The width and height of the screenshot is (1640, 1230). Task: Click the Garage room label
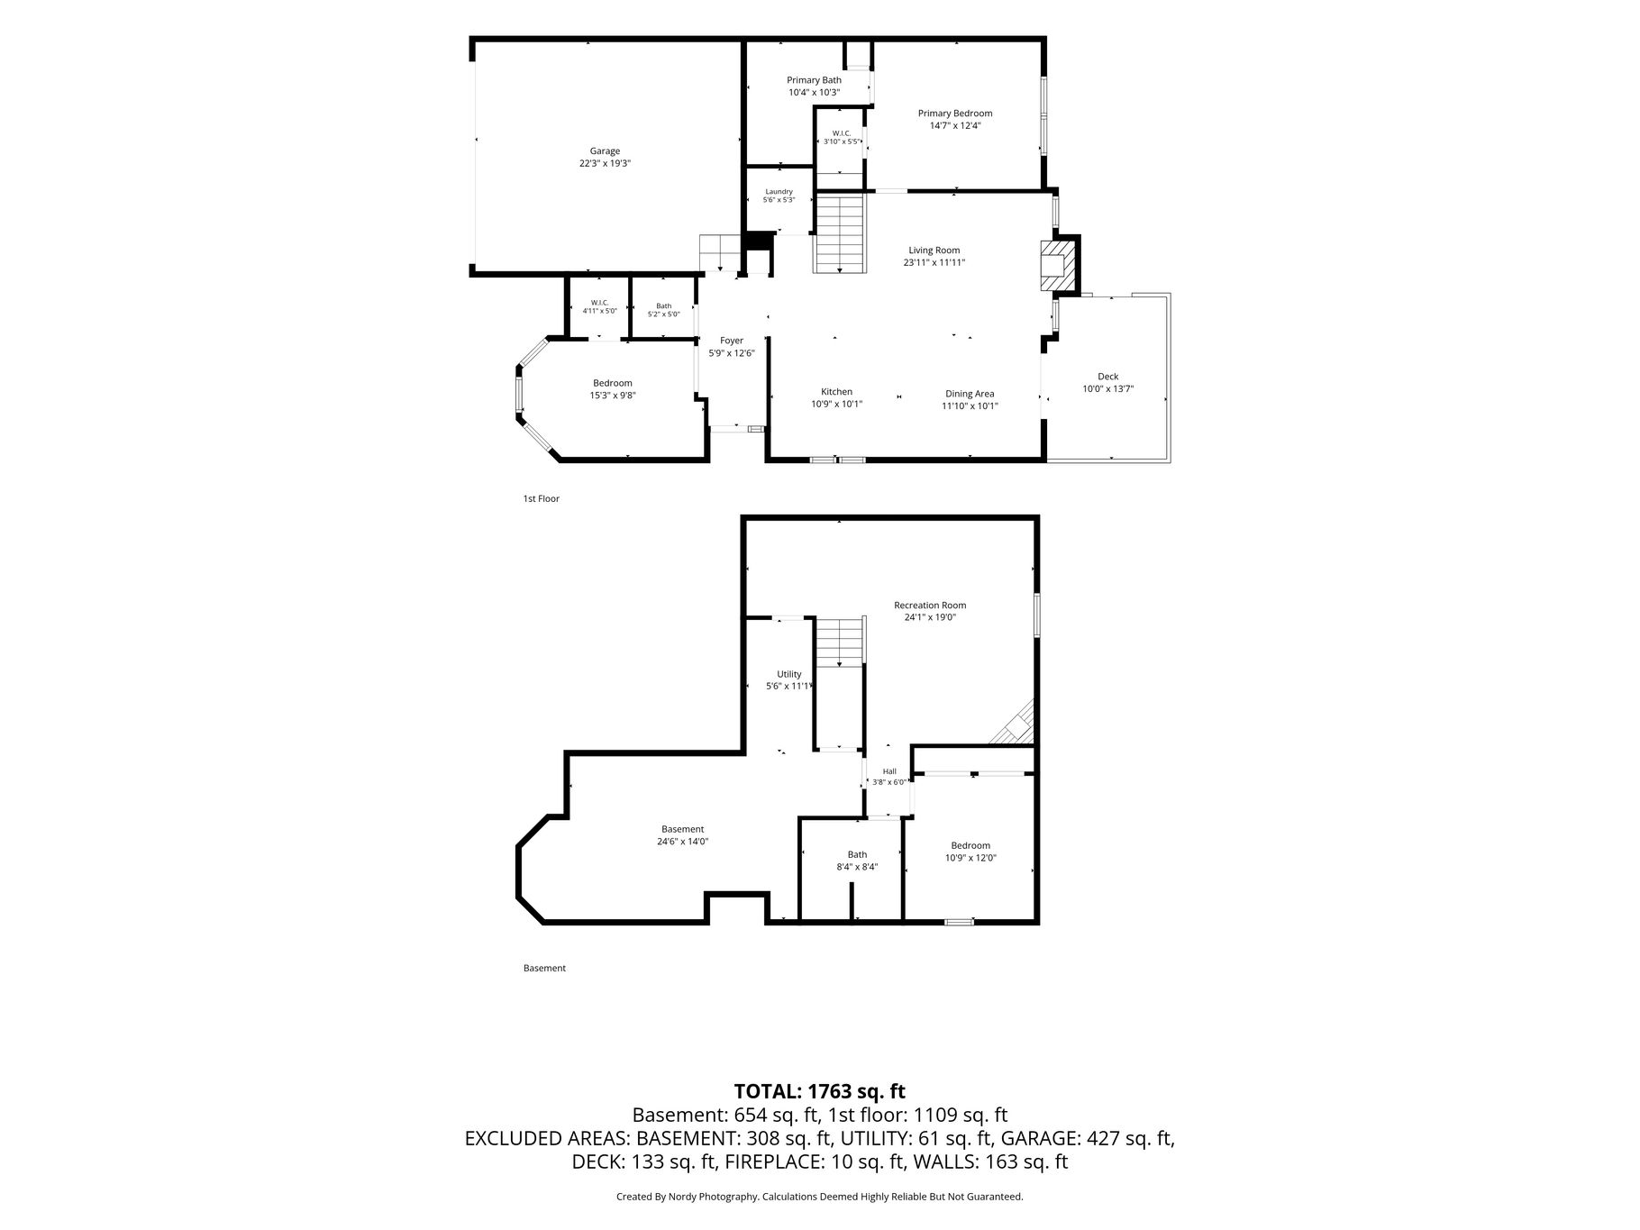pos(605,151)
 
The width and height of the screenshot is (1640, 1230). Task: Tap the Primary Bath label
pos(814,80)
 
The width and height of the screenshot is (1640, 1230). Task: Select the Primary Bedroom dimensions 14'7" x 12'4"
pos(955,126)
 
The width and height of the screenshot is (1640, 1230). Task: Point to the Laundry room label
pos(779,191)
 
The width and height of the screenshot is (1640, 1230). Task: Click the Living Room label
pos(934,251)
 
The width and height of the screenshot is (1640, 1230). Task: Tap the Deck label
pos(1107,377)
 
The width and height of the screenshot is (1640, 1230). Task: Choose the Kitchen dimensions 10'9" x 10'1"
pos(836,405)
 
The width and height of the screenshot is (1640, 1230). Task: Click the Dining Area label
pos(970,394)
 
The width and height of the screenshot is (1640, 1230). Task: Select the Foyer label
pos(732,341)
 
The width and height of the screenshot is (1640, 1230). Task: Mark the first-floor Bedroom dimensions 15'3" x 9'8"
pos(613,396)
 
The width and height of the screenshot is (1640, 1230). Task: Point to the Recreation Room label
pos(930,606)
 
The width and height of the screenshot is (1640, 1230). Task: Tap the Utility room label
pos(788,674)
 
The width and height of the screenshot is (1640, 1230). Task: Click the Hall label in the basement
pos(889,771)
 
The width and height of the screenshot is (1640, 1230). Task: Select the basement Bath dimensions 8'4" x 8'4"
pos(857,867)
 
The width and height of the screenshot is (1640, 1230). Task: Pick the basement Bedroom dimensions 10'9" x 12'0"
pos(970,858)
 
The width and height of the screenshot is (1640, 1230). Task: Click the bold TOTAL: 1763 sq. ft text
pos(819,1092)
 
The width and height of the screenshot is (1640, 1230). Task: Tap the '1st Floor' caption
pos(542,498)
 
